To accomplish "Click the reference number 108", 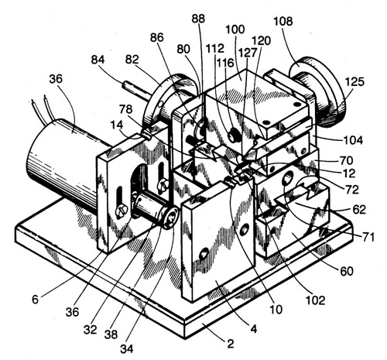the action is [283, 21].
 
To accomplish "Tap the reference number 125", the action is [354, 82].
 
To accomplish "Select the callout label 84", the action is [98, 60].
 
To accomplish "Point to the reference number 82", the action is [132, 60].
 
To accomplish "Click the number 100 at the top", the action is [235, 29].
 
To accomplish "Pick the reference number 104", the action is [354, 140].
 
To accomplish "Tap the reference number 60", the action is [347, 271].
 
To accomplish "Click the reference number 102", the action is [315, 300].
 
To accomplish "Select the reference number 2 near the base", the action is [230, 344].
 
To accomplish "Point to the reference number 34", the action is [127, 348].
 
